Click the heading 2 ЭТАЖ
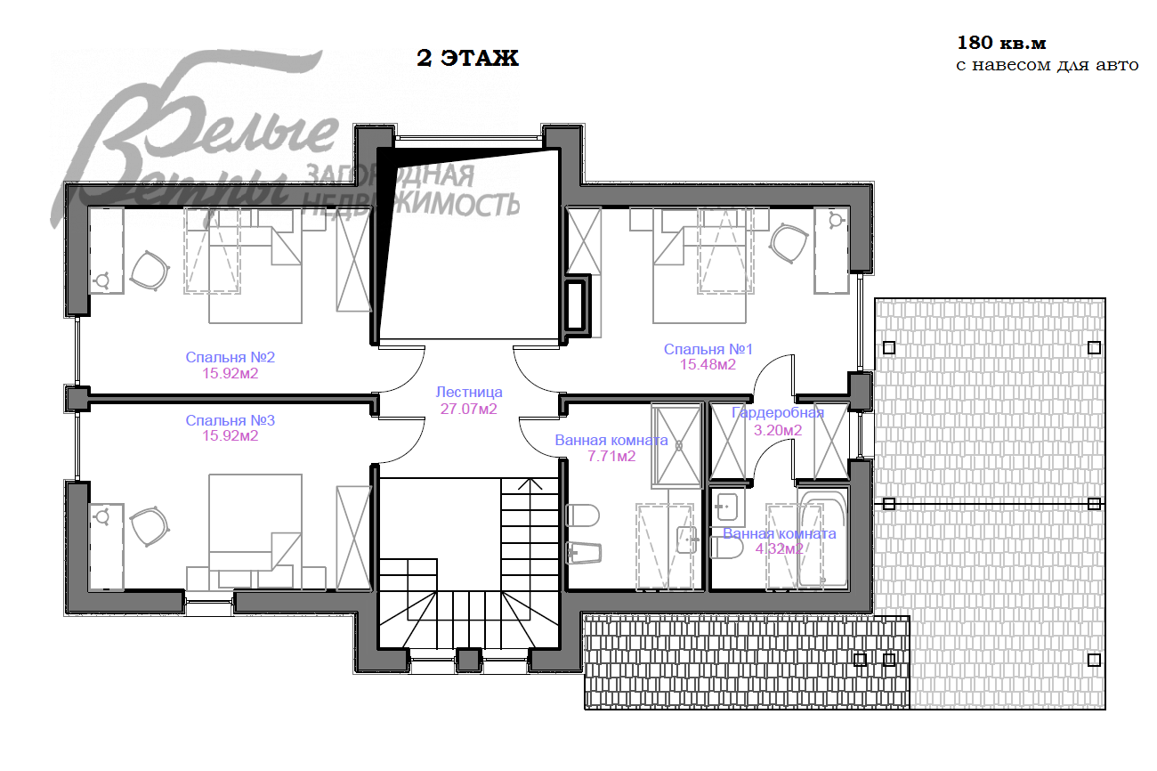point(467,58)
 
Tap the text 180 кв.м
point(1001,43)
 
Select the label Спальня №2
point(230,357)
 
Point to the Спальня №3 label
point(230,420)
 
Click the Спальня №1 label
point(708,349)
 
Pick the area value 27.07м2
point(468,410)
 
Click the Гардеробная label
point(777,413)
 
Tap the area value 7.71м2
point(611,457)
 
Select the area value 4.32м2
point(779,548)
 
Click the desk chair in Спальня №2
point(150,271)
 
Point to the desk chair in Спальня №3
point(150,526)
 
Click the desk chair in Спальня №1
point(789,243)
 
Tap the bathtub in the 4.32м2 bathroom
point(822,538)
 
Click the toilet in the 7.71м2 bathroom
point(583,515)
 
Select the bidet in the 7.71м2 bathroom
point(584,553)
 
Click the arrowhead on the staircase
point(530,483)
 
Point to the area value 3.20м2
point(777,430)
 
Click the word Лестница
point(469,393)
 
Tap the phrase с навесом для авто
point(1048,66)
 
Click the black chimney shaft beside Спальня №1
point(577,305)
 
